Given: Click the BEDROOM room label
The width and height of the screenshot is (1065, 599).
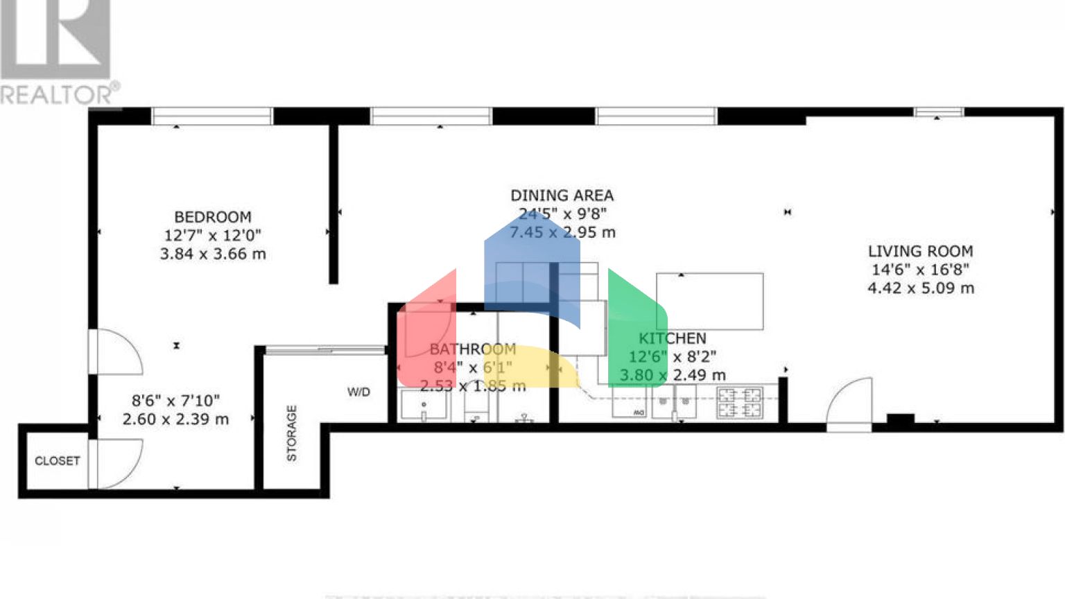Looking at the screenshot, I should [212, 217].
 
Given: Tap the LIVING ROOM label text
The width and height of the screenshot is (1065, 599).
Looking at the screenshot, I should [920, 251].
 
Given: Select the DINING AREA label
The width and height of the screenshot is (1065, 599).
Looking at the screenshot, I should [562, 196].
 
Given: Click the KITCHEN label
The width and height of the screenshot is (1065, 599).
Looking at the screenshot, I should [672, 338].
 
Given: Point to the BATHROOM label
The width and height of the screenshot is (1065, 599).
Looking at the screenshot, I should [473, 349].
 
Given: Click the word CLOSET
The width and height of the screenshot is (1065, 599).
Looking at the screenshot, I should [58, 460].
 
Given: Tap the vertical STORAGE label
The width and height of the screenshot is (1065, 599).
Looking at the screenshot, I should [291, 433].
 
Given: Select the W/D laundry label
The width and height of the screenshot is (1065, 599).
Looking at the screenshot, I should [358, 392].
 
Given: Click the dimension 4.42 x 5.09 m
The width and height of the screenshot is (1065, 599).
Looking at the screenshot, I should [920, 288].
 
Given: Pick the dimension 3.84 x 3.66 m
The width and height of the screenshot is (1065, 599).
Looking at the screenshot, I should [212, 254].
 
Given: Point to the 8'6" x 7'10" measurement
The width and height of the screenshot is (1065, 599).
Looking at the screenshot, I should [175, 400].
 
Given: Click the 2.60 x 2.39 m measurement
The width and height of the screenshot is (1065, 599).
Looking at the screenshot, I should [175, 419].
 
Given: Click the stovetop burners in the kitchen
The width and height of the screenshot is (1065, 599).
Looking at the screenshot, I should [739, 403].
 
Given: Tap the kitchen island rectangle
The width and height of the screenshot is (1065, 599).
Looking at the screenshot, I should [709, 302].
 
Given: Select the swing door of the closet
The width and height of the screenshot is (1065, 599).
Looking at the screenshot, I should [115, 463].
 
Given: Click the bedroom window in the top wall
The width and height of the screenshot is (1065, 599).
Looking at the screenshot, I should [211, 116].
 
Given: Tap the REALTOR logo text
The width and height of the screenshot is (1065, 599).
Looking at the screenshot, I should [59, 94].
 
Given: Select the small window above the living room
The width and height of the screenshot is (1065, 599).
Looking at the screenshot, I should [938, 112].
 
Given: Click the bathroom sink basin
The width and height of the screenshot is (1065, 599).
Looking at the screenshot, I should [424, 405].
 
